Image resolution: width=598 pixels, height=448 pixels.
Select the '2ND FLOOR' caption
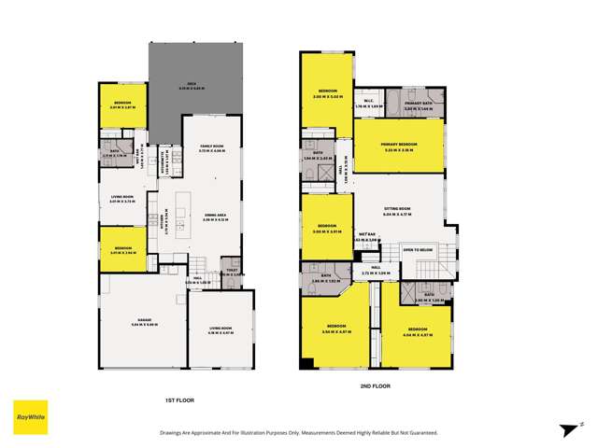click(x=375, y=385)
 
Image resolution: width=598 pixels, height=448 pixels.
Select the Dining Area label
click(x=215, y=217)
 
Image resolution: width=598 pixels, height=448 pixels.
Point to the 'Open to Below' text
click(x=418, y=250)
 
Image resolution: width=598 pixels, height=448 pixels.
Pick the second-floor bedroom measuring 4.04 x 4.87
click(x=417, y=331)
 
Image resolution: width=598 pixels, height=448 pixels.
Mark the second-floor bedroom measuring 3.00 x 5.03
click(x=326, y=91)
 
